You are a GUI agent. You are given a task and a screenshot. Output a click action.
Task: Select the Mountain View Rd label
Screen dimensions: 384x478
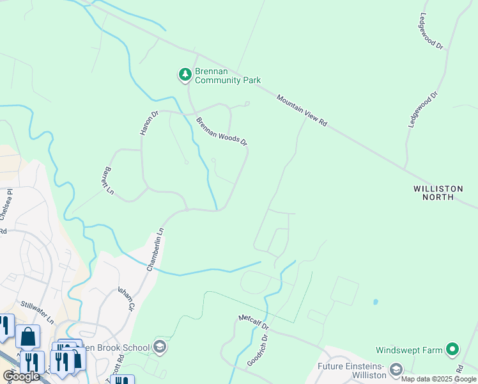click(x=302, y=111)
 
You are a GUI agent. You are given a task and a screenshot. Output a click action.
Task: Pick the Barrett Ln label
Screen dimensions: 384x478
click(x=106, y=182)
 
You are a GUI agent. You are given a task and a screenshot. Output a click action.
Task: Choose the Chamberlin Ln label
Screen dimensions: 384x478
click(x=156, y=249)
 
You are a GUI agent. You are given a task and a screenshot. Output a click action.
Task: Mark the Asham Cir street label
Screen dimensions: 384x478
click(x=127, y=298)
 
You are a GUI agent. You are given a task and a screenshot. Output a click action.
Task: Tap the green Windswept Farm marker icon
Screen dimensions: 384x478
click(x=452, y=349)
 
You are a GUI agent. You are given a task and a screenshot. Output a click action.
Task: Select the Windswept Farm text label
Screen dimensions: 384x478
click(x=410, y=350)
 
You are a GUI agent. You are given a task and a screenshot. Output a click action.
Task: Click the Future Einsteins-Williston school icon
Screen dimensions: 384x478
click(x=396, y=369)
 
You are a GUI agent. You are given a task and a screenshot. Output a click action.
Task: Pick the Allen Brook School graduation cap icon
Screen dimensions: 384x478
click(x=159, y=348)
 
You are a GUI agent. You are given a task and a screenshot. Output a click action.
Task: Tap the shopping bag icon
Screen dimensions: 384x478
click(x=27, y=336)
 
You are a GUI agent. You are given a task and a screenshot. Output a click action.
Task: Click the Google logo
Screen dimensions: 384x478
click(x=21, y=376)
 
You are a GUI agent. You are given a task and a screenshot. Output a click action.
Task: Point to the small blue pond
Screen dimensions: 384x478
click(x=374, y=301)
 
